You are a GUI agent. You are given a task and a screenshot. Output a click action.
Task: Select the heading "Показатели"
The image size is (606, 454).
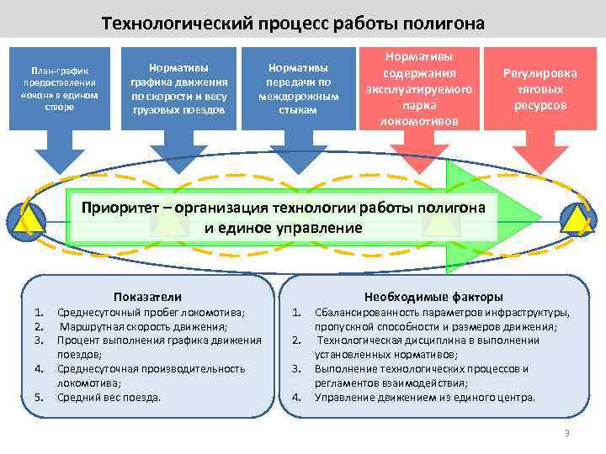coord(148,296)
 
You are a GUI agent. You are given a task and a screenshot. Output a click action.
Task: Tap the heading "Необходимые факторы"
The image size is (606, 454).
coord(433,296)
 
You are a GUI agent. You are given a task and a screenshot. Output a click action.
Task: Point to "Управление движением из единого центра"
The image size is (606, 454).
coord(424,397)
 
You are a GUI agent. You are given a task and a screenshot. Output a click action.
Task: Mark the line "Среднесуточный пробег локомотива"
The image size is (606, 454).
coord(151,313)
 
